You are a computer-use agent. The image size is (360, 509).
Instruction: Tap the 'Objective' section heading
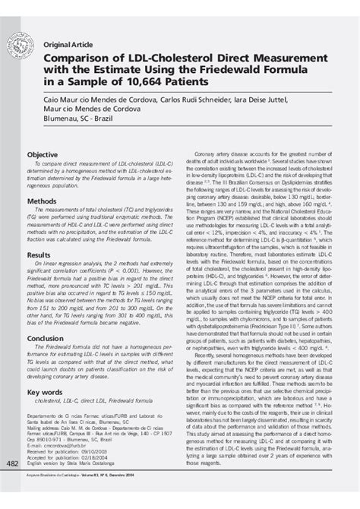click(43, 154)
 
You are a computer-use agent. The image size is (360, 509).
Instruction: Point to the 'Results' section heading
click(39, 254)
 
